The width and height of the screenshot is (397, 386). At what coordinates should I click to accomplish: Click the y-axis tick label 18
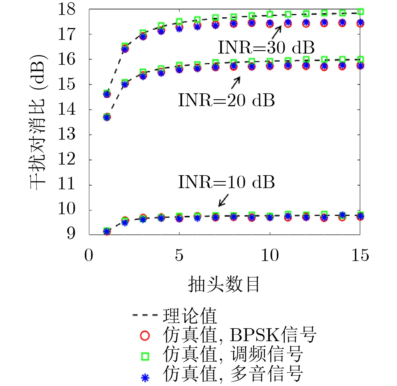(x=67, y=9)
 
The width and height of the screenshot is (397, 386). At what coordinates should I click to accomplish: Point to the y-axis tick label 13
(x=67, y=135)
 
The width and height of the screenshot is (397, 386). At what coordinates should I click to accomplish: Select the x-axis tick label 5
(x=179, y=255)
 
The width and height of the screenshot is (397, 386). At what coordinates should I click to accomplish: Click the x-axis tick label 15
(x=360, y=255)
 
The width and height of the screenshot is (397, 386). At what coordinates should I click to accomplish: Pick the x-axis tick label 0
(x=89, y=255)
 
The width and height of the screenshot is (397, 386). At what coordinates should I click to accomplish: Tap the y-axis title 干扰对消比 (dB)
(x=38, y=122)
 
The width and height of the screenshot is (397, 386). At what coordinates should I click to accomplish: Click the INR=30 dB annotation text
(x=266, y=48)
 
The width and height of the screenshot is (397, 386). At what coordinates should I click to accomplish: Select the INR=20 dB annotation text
(x=226, y=100)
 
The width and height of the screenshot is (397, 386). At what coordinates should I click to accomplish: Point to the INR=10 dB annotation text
(x=226, y=182)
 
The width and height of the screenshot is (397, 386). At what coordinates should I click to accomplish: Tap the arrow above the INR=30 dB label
(x=277, y=32)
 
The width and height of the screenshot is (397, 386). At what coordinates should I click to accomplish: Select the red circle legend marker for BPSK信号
(x=145, y=336)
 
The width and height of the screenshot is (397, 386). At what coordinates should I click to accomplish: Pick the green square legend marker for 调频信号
(x=145, y=356)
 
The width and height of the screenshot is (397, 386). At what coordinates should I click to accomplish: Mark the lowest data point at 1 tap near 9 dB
(x=107, y=231)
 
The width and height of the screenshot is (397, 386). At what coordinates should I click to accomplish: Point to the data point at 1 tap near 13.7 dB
(x=107, y=117)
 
